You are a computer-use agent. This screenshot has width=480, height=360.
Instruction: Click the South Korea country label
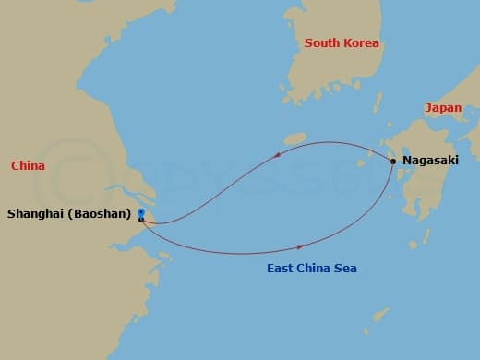(342, 43)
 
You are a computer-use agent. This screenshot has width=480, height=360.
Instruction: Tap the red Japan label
(443, 108)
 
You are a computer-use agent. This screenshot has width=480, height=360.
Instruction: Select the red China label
(28, 166)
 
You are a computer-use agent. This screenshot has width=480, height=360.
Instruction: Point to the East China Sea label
(311, 269)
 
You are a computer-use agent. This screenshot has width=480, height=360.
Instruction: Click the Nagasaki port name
(431, 161)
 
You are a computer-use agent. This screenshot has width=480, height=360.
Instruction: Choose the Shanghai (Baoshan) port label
(67, 213)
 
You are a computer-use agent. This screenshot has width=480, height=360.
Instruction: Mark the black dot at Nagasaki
(394, 162)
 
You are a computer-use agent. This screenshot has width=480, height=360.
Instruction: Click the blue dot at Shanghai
(140, 212)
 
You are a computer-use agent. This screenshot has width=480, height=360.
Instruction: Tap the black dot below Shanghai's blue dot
(140, 220)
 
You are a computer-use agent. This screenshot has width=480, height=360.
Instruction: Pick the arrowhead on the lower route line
(300, 246)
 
